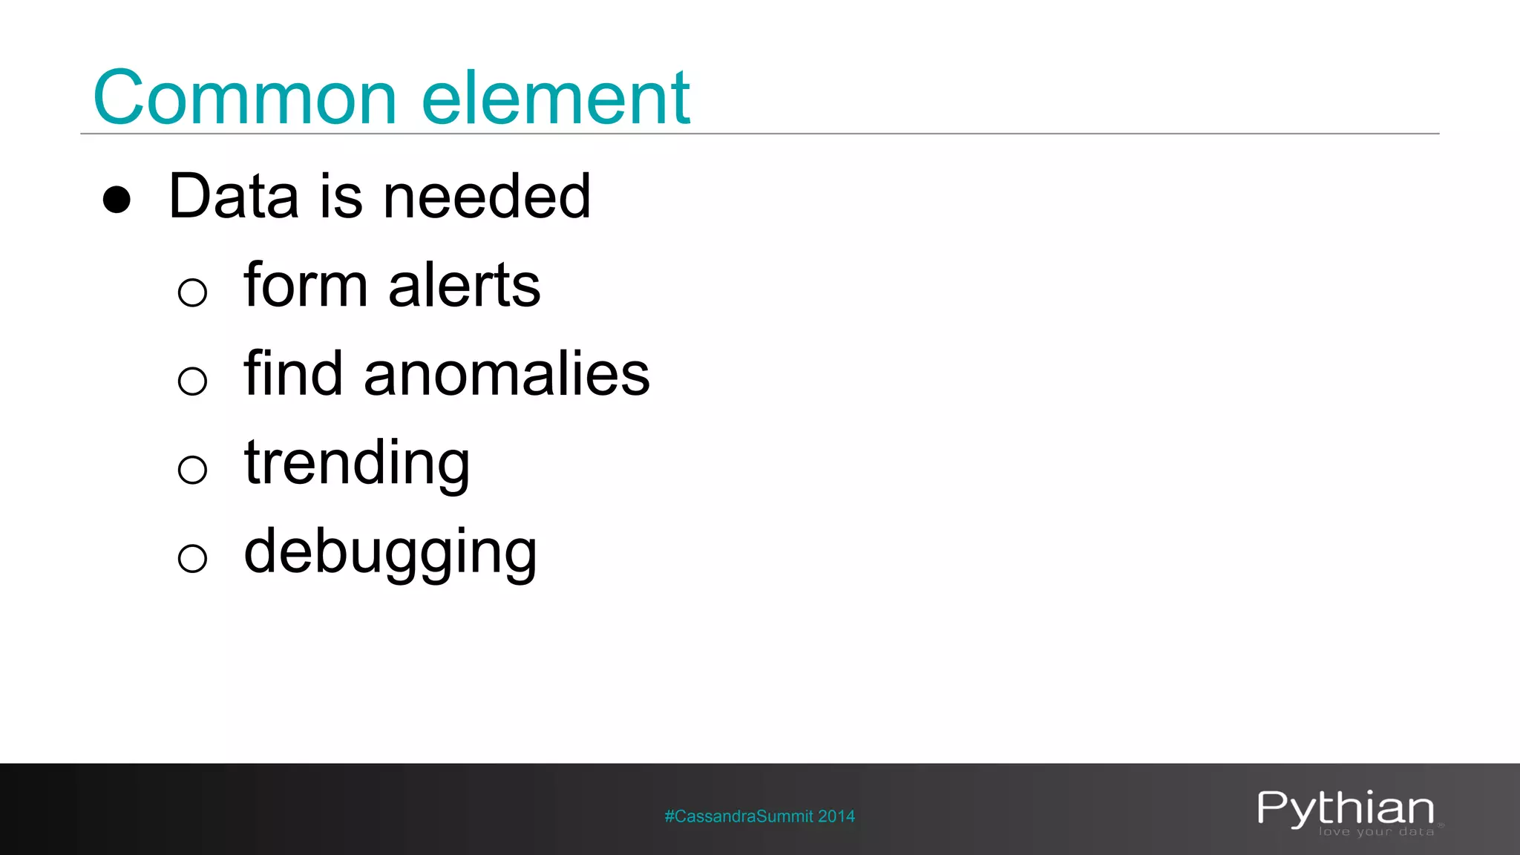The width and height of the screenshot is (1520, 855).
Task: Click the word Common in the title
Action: (x=245, y=98)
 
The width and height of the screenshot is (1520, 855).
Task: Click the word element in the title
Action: (x=556, y=98)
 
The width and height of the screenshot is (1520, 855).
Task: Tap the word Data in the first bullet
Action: (x=233, y=196)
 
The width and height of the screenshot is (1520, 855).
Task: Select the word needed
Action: (x=487, y=196)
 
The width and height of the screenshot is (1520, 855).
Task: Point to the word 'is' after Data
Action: (x=341, y=196)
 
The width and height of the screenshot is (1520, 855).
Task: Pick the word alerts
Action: (x=465, y=285)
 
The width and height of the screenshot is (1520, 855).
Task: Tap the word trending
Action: (x=357, y=464)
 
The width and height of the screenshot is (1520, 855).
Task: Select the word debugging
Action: (x=390, y=553)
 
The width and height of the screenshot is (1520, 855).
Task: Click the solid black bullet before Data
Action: (x=117, y=200)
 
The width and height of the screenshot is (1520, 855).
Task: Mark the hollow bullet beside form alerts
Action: (x=192, y=292)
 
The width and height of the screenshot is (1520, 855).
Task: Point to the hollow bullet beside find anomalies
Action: (x=192, y=381)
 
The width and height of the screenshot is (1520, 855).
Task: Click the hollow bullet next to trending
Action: (x=192, y=470)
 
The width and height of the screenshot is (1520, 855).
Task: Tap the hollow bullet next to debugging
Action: (x=192, y=558)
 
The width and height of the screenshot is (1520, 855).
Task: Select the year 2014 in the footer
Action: (x=836, y=816)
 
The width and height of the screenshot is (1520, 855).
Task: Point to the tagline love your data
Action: (x=1376, y=832)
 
